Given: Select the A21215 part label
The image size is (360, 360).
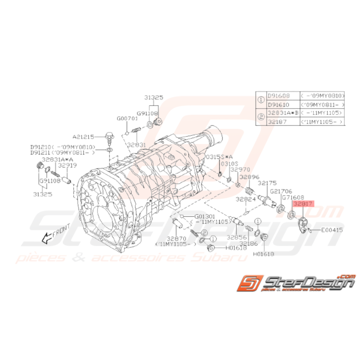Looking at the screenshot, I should tap(82, 136).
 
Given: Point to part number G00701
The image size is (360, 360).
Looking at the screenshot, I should tap(127, 118).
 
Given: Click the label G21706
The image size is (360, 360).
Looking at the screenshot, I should tap(281, 191).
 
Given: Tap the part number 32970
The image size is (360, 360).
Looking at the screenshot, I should tap(240, 169).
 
